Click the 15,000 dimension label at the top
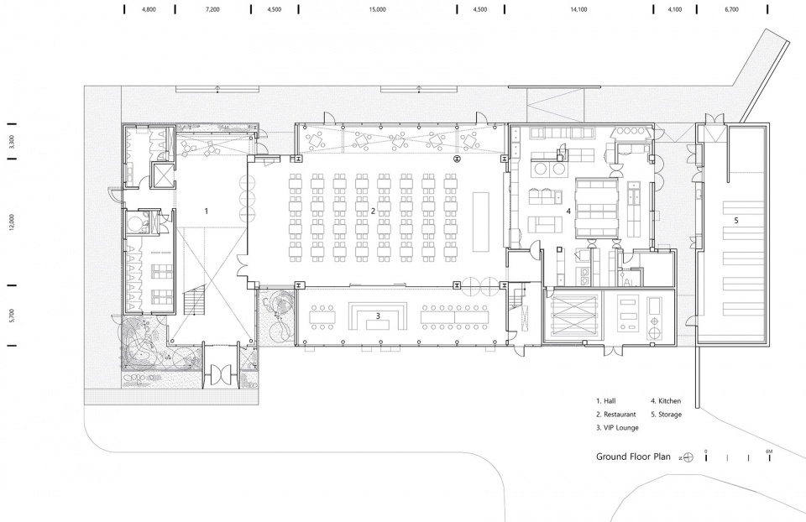pos(377,9)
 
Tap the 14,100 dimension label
pos(578,9)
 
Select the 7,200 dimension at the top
pos(212,9)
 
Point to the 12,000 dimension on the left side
pos(11,222)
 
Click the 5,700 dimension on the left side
pos(11,316)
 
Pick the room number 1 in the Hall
pos(207,211)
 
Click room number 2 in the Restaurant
pos(373,211)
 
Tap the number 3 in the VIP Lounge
pos(378,316)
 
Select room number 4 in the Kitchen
pos(568,211)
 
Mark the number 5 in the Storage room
pos(736,221)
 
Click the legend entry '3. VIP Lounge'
pos(617,427)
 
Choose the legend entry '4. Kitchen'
pos(666,401)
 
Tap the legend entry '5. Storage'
pos(666,414)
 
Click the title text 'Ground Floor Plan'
pos(633,457)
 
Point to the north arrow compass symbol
pos(688,457)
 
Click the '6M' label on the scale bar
pos(769,452)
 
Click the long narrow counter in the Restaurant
pos(480,222)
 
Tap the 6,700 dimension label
pos(731,9)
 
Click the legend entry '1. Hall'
pos(606,401)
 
